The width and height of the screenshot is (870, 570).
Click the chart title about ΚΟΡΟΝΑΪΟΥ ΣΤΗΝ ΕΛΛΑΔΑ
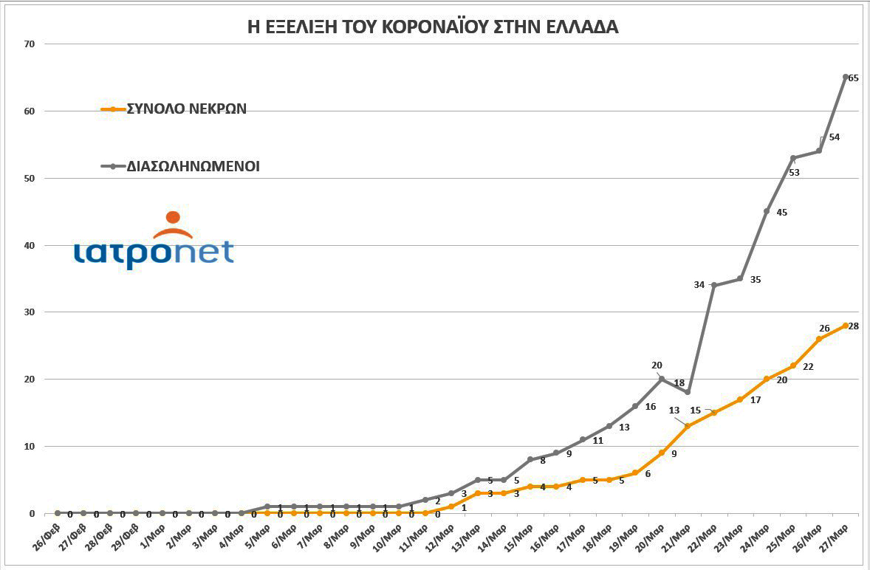click(x=434, y=27)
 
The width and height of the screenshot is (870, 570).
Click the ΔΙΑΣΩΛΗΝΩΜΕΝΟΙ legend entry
click(x=180, y=166)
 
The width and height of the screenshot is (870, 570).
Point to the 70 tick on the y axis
click(x=30, y=44)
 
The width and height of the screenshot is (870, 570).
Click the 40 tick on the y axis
click(x=30, y=245)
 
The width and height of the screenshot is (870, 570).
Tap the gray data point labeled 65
click(x=846, y=77)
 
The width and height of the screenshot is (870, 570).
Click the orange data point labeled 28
click(x=846, y=326)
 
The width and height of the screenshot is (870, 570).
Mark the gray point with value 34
click(x=714, y=285)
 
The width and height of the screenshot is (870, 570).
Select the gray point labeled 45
click(x=767, y=211)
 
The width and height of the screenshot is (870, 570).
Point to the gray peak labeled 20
click(x=661, y=379)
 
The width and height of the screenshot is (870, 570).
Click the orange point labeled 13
click(x=688, y=426)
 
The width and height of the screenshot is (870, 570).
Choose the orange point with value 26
click(x=819, y=339)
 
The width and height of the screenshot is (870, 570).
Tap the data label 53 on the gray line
click(x=795, y=172)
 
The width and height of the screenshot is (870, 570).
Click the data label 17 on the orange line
click(x=755, y=400)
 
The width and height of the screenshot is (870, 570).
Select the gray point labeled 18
click(x=688, y=392)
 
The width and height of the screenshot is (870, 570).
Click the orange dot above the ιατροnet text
click(x=173, y=217)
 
